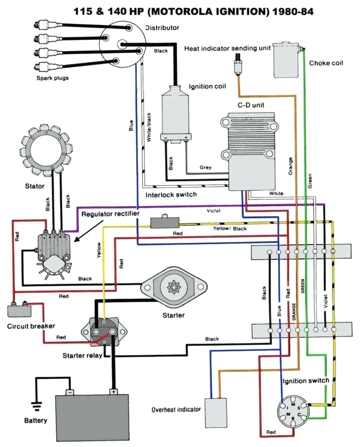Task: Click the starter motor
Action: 174,287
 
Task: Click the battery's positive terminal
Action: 114,391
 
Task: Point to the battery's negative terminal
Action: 70,391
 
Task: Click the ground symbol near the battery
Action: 36,403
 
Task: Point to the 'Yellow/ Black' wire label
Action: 230,229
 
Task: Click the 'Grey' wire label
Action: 205,167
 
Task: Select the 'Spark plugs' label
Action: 53,77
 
